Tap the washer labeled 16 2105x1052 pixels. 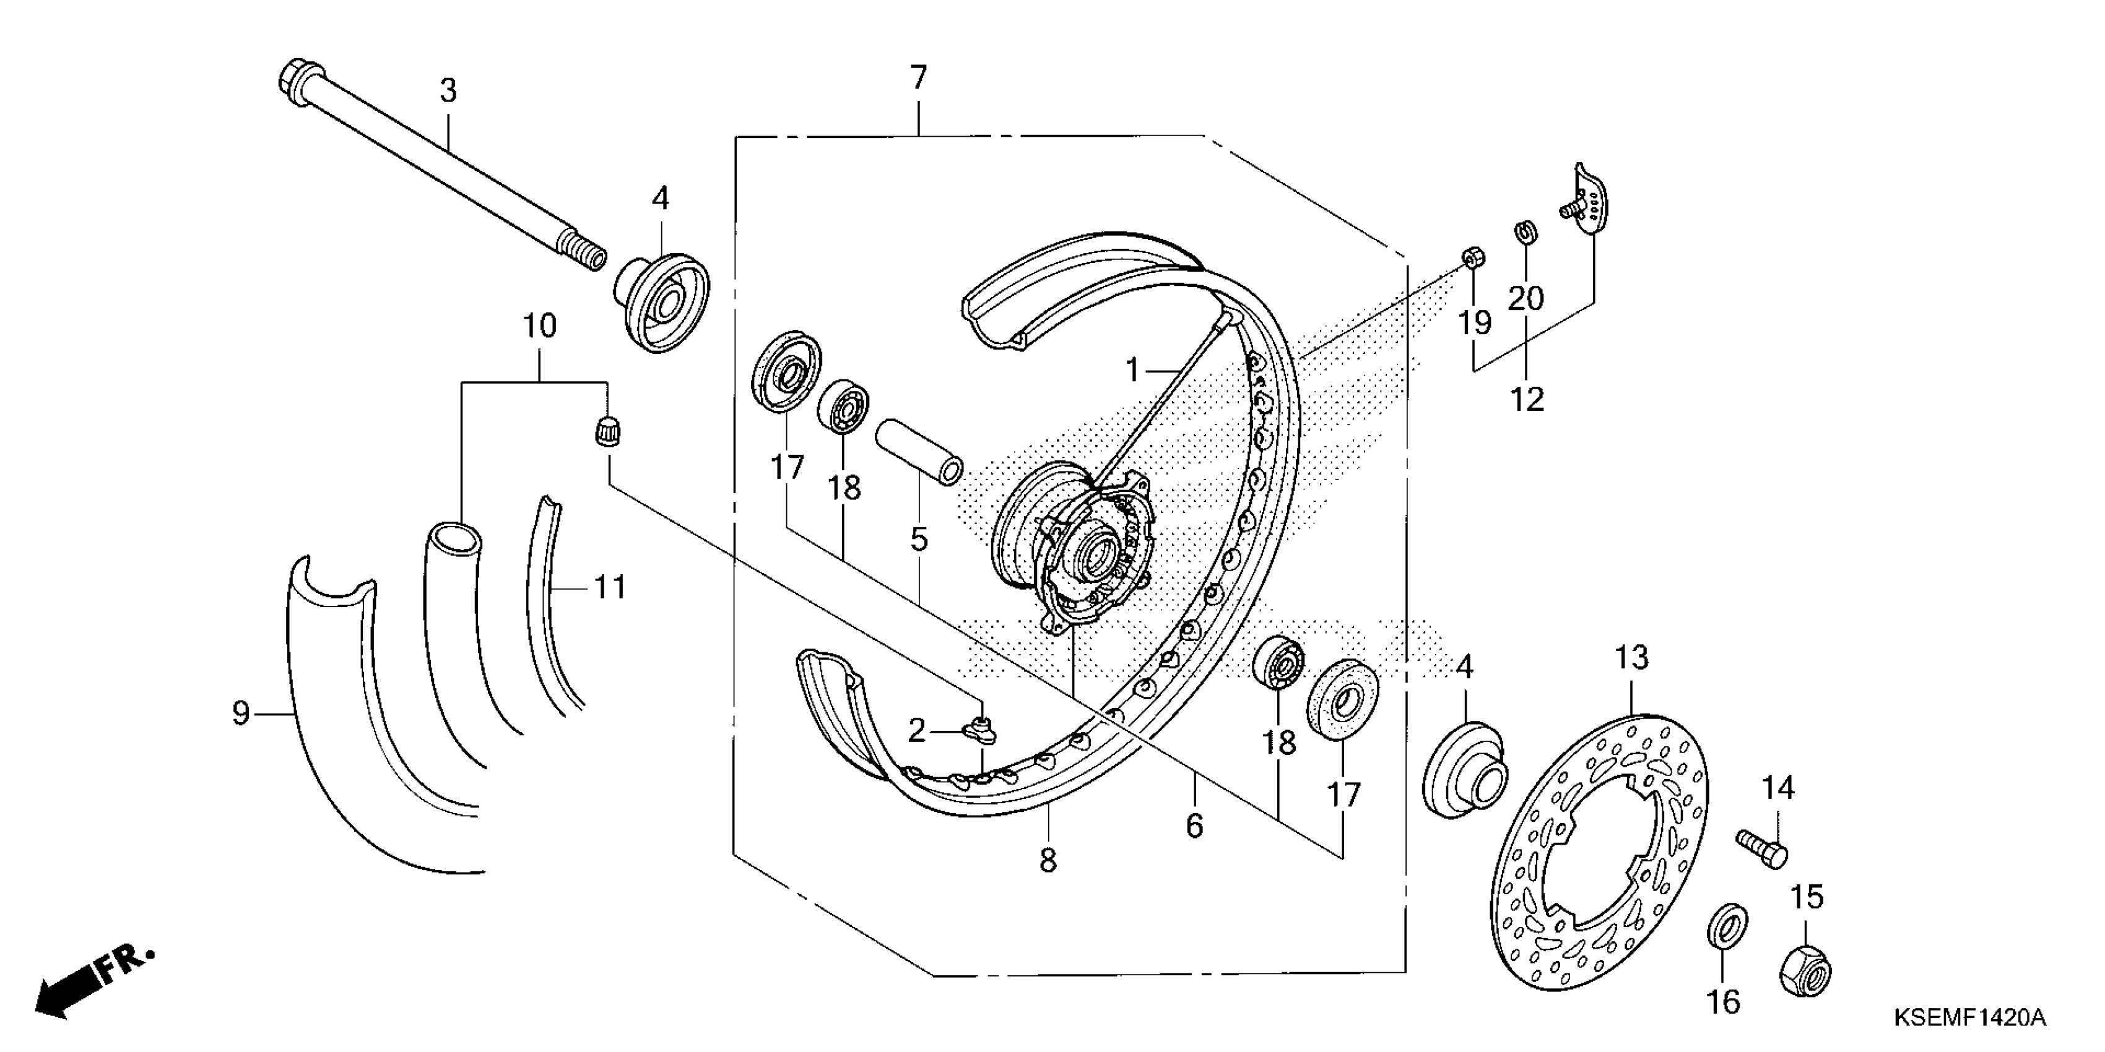[1727, 926]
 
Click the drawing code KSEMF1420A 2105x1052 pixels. [1969, 1018]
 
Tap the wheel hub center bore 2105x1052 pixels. [1095, 556]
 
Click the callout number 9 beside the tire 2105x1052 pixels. [240, 713]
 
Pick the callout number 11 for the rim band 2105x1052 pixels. [610, 587]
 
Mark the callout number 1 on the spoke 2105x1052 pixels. [1132, 370]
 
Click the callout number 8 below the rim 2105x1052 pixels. [1048, 860]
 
